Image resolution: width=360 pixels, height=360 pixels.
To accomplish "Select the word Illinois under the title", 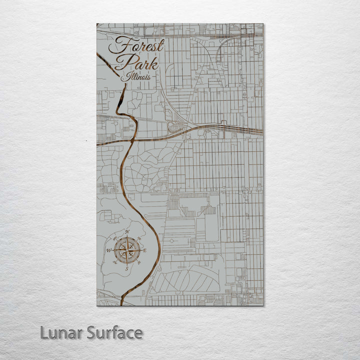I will (x=135, y=77).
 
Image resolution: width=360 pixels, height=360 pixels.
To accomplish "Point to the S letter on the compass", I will (x=126, y=268).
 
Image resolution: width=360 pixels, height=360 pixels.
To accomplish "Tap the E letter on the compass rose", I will (x=145, y=250).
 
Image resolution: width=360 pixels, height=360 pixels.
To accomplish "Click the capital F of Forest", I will (x=118, y=46).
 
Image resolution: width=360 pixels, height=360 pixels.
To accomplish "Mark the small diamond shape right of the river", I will (x=172, y=240).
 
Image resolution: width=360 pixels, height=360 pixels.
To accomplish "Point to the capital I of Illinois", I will (x=124, y=77).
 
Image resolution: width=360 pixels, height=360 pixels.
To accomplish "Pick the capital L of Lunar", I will (x=44, y=332).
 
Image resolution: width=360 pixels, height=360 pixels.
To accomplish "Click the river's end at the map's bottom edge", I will (x=121, y=304).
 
